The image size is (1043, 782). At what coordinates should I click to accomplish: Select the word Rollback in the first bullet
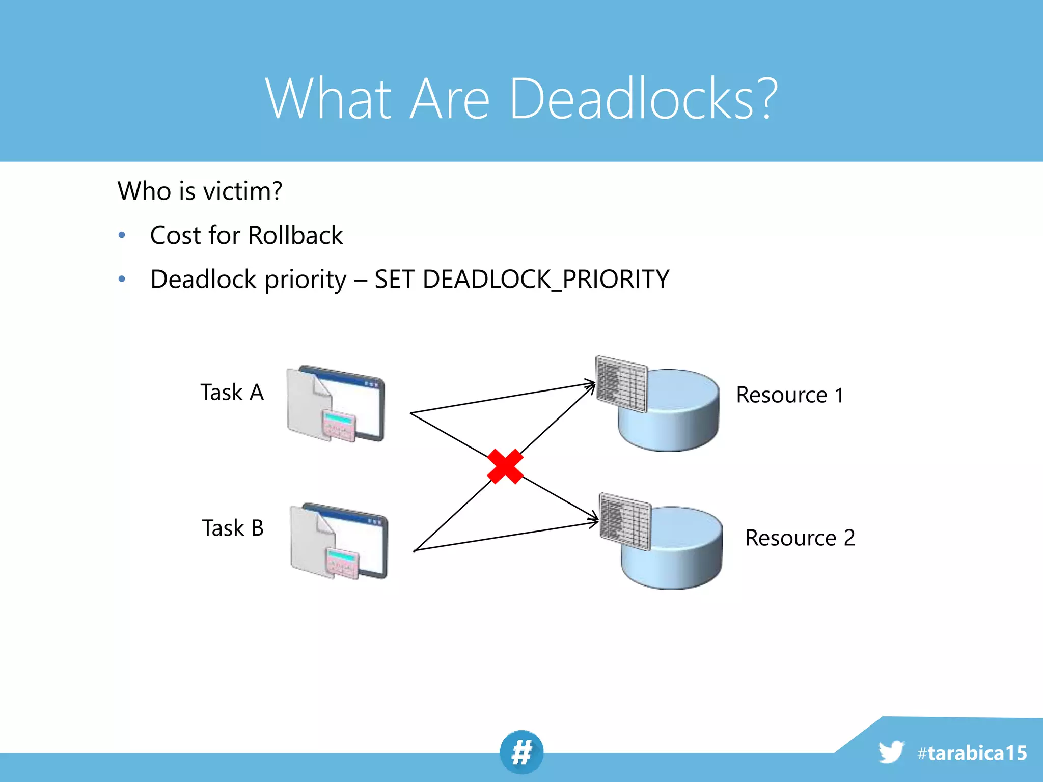click(295, 235)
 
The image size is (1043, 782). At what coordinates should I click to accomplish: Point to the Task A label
click(232, 393)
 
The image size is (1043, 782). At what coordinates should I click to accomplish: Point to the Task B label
click(233, 528)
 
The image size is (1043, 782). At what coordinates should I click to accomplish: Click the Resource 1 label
click(790, 395)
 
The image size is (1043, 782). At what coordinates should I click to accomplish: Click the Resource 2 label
click(800, 538)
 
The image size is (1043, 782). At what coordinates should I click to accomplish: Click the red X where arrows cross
click(505, 466)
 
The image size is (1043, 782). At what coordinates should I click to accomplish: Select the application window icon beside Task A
click(337, 404)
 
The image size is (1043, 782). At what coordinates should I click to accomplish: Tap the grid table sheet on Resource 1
click(621, 384)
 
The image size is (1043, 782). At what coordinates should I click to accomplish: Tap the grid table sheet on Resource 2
click(625, 521)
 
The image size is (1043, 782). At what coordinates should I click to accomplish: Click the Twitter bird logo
click(891, 752)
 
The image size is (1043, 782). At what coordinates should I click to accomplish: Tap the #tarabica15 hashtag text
click(972, 753)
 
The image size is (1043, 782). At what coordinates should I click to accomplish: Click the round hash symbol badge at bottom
click(521, 752)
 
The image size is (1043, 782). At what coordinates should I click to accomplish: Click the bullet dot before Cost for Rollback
click(122, 235)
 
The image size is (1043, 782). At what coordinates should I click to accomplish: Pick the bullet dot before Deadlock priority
click(122, 279)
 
